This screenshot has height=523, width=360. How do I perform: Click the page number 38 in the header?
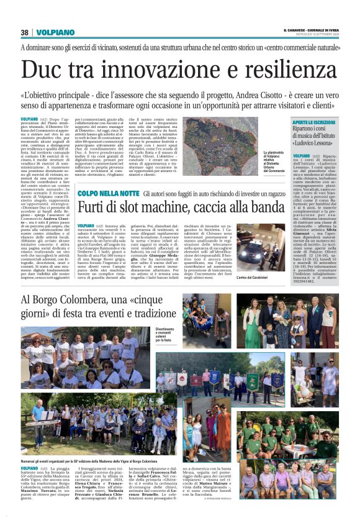point(25,32)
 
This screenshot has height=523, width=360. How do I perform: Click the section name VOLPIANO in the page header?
point(55,32)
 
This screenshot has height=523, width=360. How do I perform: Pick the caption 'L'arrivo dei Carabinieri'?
point(256,277)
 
